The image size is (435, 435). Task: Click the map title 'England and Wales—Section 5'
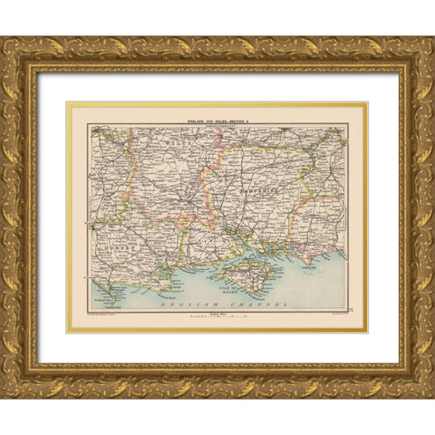[x=217, y=118]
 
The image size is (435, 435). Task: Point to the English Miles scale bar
[x=217, y=317]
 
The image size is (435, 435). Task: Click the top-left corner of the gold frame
[x=4, y=40]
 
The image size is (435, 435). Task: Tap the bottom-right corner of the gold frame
[x=431, y=395]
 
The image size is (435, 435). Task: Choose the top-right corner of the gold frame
[x=431, y=40]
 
